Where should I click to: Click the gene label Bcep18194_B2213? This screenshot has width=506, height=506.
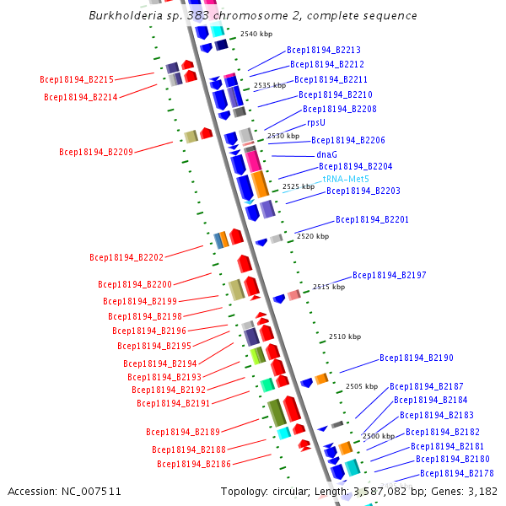coord(324,51)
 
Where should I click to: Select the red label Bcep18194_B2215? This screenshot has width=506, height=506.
coord(77,80)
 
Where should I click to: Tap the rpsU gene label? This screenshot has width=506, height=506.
coord(316,122)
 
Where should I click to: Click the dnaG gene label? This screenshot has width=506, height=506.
coord(326,155)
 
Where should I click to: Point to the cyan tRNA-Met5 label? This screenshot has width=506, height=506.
coord(346,179)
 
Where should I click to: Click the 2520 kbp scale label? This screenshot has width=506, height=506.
coord(310,237)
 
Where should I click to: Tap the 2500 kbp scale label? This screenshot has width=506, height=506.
coord(378,436)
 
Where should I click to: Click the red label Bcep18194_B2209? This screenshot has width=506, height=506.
coord(96,153)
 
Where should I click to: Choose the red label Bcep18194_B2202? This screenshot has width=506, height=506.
coord(126,257)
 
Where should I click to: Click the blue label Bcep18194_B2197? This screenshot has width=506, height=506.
coord(390,275)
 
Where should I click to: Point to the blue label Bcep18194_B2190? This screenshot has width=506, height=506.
coord(417,358)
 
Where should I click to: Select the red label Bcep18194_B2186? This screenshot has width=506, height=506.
coord(194,464)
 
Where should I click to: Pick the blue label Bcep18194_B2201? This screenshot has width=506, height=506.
coord(373,219)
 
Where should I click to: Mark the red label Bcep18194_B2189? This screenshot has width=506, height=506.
coord(183,432)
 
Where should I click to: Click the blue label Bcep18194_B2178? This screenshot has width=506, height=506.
coord(457,473)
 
